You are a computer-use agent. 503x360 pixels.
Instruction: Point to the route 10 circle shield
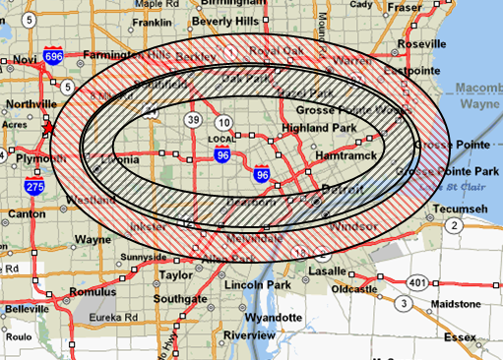[224, 123]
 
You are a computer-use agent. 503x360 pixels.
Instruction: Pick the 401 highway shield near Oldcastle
[419, 281]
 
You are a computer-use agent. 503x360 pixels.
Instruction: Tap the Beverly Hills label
[225, 21]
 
